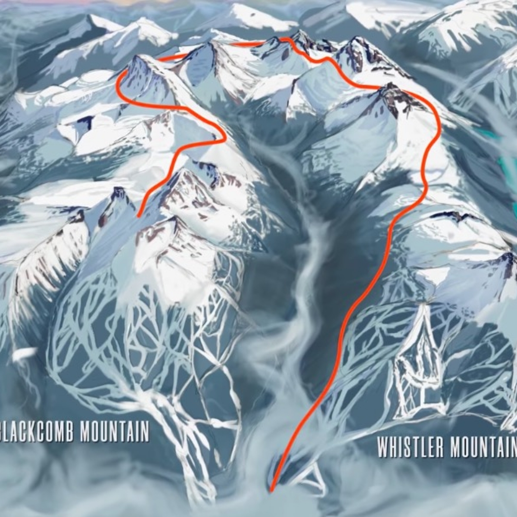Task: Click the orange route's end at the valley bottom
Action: click(272, 490)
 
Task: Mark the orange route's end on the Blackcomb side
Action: click(139, 215)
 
